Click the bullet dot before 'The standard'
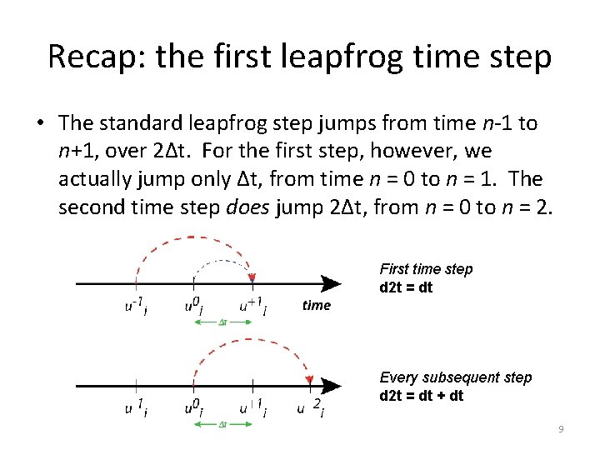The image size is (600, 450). coord(41,124)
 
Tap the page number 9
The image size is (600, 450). coord(561,429)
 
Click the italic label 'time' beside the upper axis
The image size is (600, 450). coord(316,306)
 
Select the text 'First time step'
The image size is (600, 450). coord(425,269)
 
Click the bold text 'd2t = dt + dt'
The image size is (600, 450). coord(421,396)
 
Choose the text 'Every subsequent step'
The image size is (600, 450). coord(455,377)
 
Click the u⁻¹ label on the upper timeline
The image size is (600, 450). coord(137,307)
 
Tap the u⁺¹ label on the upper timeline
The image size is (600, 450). coord(252,307)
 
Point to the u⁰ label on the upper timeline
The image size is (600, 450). coord(194,307)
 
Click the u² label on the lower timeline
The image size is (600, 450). coord(310,408)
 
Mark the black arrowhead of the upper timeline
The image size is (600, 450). coord(331,284)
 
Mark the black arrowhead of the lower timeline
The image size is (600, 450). coord(331,386)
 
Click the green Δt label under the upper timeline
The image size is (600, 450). coord(223,322)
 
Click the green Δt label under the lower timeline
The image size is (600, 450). coord(223,425)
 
